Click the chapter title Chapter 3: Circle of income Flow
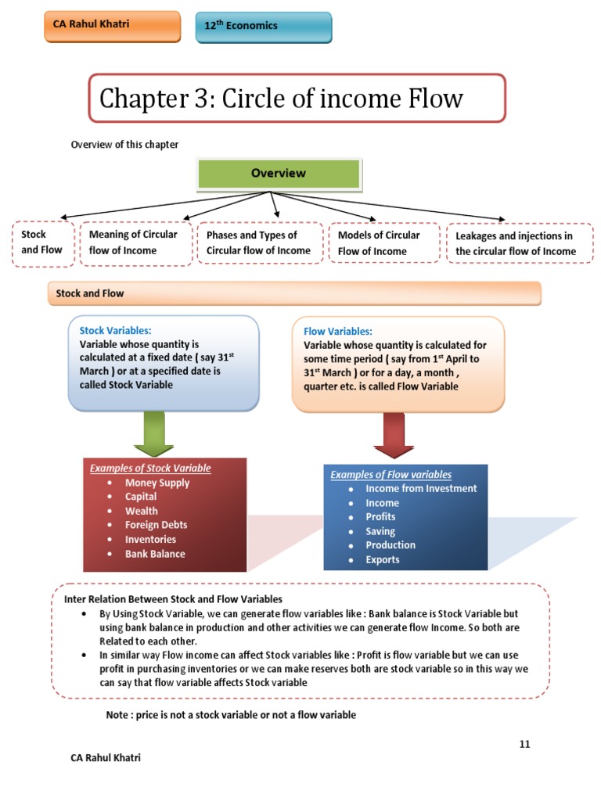coord(297,99)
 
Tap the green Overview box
coord(279,174)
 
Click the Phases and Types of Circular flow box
coord(259,243)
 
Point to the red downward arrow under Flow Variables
coord(394,435)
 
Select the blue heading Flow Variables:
coord(338,331)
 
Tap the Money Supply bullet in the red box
coord(157,483)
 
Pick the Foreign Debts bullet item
coord(156,525)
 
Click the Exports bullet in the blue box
coord(382,559)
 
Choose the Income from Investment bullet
coord(421,488)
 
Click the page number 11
coord(524,744)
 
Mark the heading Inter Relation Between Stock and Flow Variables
coord(173,599)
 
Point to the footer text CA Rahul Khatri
coord(106,757)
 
